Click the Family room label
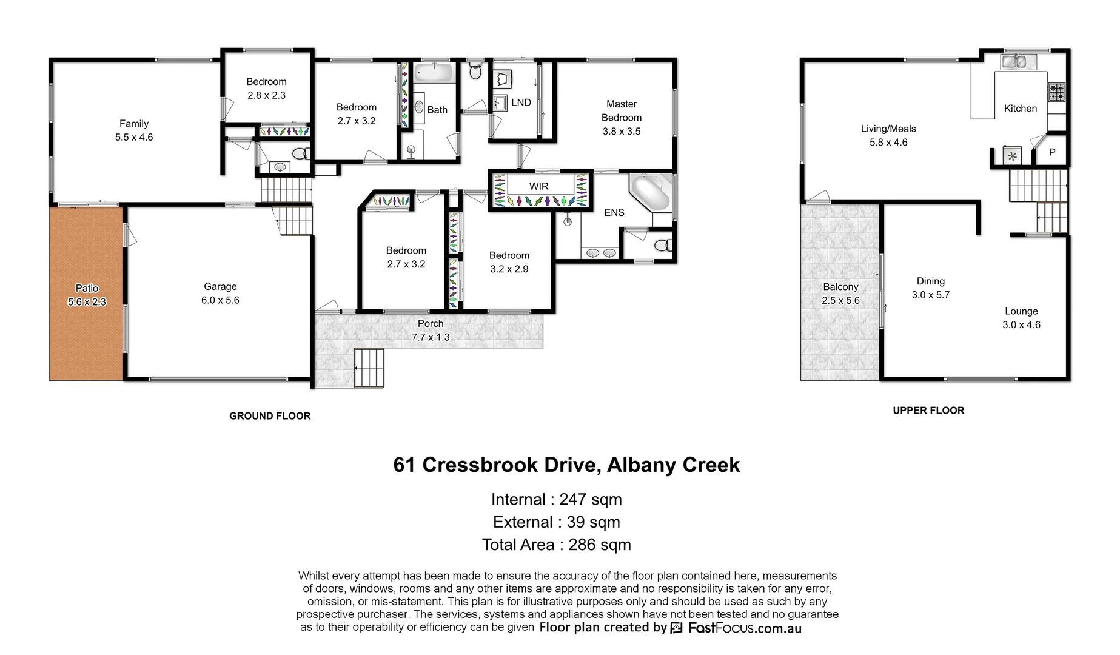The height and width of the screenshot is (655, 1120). (x=133, y=124)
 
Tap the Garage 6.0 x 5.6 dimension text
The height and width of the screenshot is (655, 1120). (x=220, y=300)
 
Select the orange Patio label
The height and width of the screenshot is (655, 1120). (x=87, y=288)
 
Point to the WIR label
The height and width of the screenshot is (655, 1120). (x=538, y=186)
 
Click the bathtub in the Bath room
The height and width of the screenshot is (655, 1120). (x=434, y=74)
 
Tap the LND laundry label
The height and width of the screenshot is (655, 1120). (x=521, y=102)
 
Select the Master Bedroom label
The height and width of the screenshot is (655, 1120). (x=621, y=111)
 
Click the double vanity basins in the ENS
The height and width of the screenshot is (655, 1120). (x=601, y=252)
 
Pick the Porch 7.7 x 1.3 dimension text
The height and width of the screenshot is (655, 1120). (x=431, y=337)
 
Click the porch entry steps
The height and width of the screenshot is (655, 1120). (x=369, y=368)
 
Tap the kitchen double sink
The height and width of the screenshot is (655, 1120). (x=1018, y=61)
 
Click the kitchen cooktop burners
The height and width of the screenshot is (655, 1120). (x=1056, y=92)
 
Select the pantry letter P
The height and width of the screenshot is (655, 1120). (x=1052, y=152)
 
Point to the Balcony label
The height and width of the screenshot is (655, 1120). (x=840, y=287)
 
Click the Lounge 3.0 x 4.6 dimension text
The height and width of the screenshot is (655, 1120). (x=1021, y=324)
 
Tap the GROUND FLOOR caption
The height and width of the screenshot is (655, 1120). (x=270, y=416)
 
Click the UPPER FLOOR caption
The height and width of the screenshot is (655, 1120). (x=928, y=411)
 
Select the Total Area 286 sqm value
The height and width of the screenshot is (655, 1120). (x=599, y=545)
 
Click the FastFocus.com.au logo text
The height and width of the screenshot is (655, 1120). (x=745, y=628)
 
